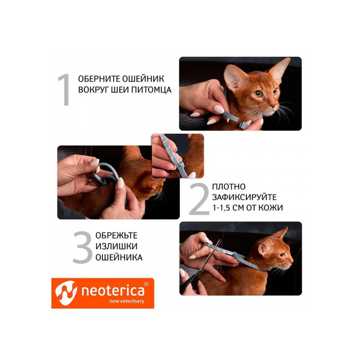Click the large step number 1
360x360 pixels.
click(x=65, y=89)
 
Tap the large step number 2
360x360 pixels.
click(x=199, y=199)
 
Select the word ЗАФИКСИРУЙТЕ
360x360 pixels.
click(x=244, y=197)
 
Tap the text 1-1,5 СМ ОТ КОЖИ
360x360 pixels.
click(x=247, y=208)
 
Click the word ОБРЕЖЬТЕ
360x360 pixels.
click(x=116, y=235)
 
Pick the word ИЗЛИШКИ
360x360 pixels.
click(x=114, y=246)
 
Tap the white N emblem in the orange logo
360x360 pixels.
click(x=66, y=293)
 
